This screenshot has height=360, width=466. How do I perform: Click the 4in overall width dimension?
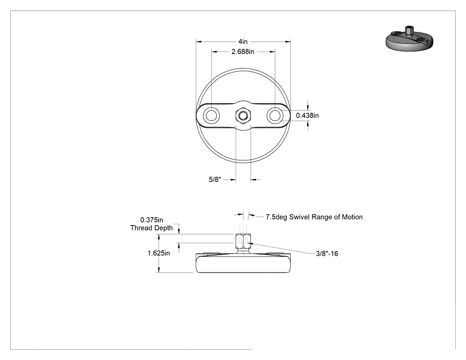pos(243,42)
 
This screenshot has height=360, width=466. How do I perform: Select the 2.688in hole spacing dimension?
pos(243,52)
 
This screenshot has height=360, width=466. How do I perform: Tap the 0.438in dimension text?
pos(307,115)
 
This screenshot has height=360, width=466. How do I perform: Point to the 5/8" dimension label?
pos(215,179)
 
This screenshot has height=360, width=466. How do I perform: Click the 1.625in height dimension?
pos(159,253)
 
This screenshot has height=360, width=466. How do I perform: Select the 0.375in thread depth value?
pos(152,220)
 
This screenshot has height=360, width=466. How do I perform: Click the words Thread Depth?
pos(152,228)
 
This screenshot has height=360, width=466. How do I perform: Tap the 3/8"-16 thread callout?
pos(327,253)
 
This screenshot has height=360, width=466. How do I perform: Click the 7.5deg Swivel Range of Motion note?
pos(314,217)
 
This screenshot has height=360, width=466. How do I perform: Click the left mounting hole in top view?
pos(211,115)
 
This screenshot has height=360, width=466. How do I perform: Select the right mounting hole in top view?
pos(275,115)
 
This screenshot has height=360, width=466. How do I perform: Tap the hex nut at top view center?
pos(243,115)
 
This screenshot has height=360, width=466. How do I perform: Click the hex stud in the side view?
pos(243,241)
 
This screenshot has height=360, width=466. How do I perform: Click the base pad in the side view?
pos(243,263)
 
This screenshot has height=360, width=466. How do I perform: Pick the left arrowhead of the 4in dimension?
pos(198,42)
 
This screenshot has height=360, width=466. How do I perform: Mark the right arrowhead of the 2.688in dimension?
pos(272,52)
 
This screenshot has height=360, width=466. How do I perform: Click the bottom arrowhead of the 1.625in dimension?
pos(159,269)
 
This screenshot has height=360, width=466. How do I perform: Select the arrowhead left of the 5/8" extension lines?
pos(233,179)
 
